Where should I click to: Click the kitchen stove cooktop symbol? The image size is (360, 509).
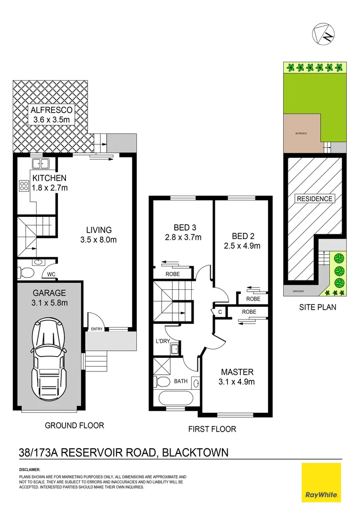tap(24, 186)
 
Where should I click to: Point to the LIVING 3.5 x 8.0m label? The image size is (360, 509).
tap(98, 235)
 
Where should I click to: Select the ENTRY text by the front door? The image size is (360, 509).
tap(97, 329)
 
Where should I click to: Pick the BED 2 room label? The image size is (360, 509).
tap(240, 240)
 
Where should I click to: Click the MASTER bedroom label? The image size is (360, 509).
tap(237, 377)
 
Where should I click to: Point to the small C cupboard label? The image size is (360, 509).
tap(220, 312)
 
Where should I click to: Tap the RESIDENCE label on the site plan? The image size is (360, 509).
tap(314, 199)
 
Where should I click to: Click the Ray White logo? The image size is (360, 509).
tap(321, 483)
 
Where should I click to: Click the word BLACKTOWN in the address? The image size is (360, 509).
tap(195, 453)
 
